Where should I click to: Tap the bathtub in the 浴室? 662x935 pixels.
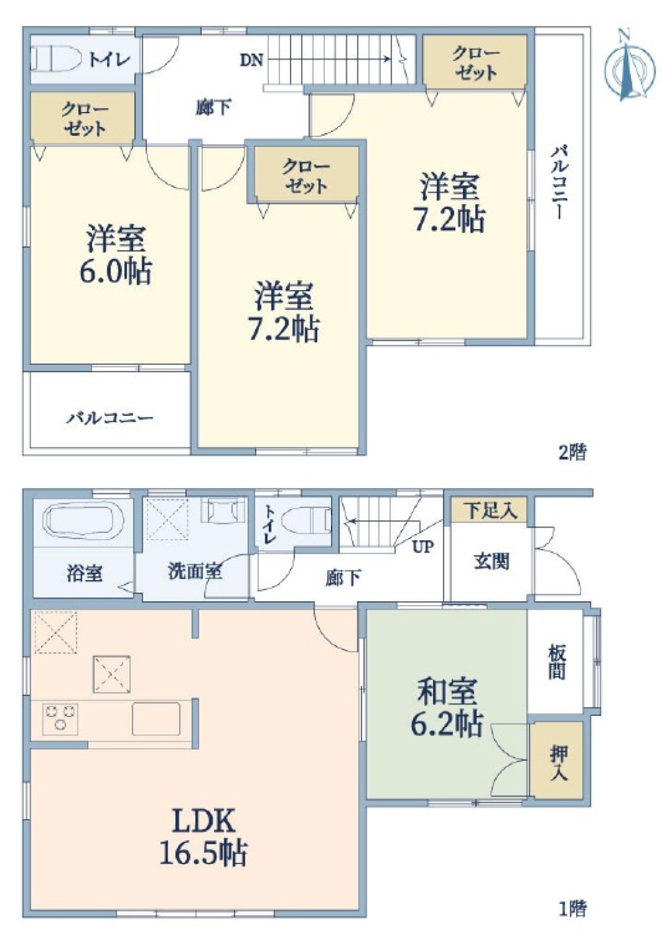pos(83,520)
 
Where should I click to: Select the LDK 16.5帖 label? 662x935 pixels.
pos(203,837)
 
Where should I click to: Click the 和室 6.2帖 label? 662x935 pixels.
pos(447,708)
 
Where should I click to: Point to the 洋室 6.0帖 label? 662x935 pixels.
pos(115,256)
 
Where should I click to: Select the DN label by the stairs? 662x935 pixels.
pos(252,60)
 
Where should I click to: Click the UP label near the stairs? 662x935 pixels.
pos(423,546)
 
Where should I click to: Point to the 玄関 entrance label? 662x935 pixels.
pos(491,562)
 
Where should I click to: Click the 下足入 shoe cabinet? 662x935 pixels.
pos(490,511)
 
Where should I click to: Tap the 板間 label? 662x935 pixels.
pos(557,662)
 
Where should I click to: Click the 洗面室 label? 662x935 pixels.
pos(195,571)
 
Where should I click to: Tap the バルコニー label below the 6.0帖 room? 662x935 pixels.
pos(110,418)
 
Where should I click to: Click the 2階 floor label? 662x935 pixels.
pos(572,452)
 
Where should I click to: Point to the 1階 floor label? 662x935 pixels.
pos(572,909)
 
